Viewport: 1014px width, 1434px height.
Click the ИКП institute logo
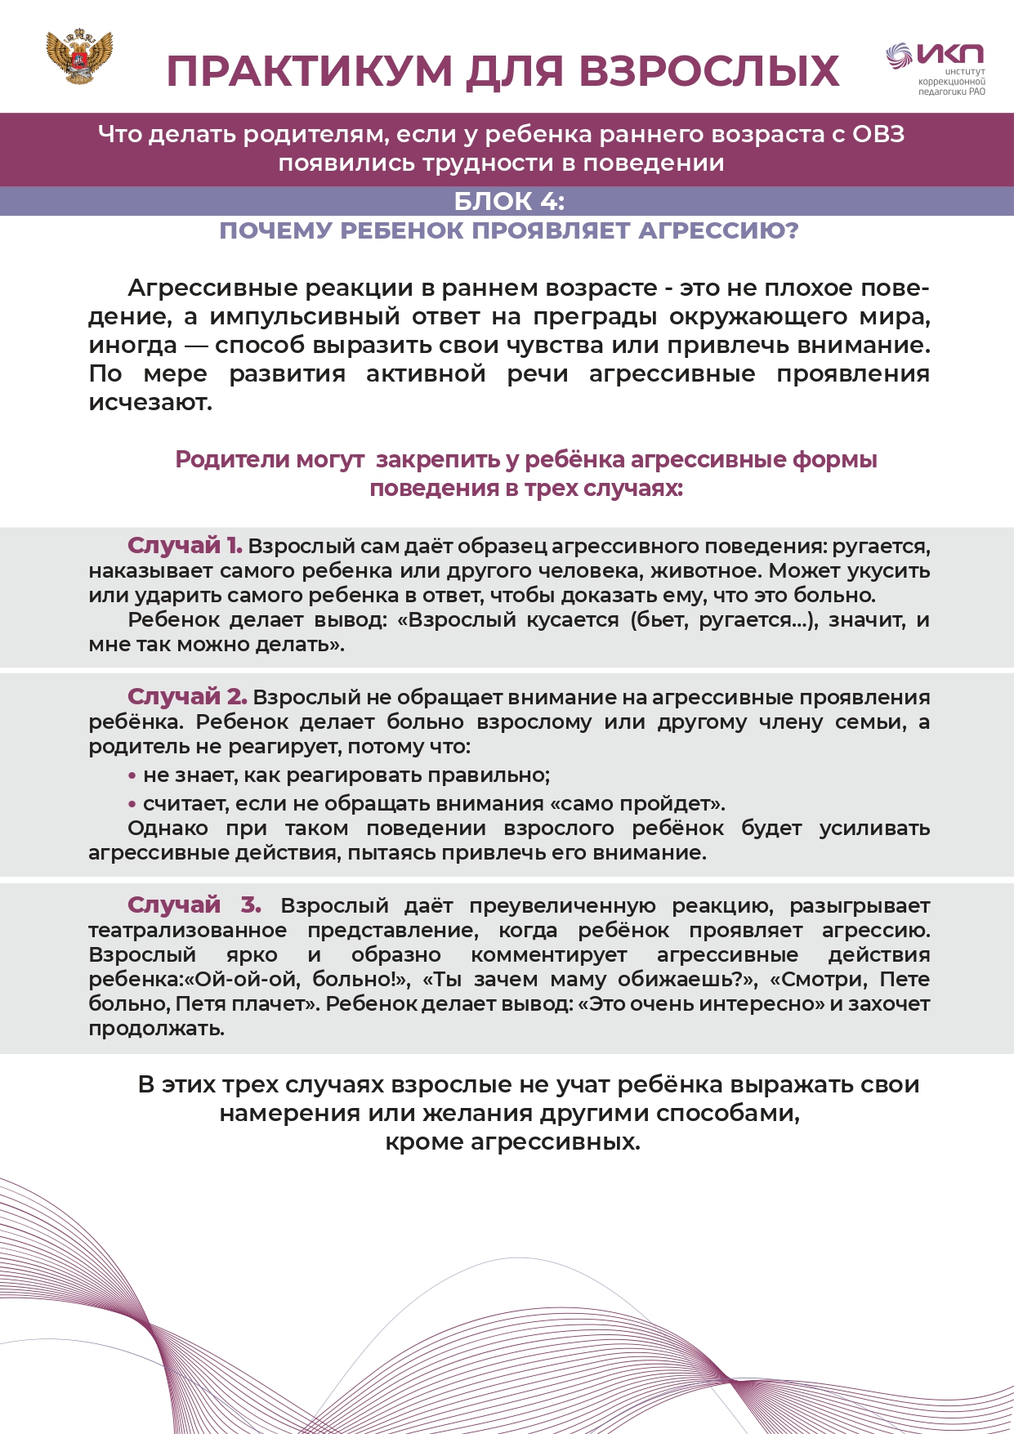(x=937, y=69)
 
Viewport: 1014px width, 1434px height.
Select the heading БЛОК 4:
(x=509, y=201)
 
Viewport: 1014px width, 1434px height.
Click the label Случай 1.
(x=185, y=545)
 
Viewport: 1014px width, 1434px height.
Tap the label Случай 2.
(x=187, y=696)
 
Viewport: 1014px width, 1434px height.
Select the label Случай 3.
(x=194, y=905)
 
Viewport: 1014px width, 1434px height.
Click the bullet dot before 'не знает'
(x=132, y=775)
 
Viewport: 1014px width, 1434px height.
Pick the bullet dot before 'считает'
(x=132, y=804)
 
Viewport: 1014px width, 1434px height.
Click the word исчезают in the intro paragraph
(x=150, y=402)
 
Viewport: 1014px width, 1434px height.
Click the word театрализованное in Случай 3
(x=188, y=930)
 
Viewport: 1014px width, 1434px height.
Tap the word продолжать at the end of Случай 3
(x=156, y=1028)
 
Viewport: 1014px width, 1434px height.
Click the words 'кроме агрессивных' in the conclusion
(x=512, y=1141)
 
